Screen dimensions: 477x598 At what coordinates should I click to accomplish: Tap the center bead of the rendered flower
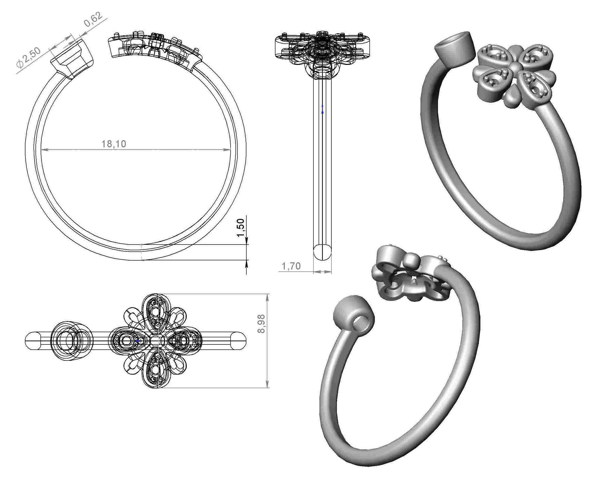pos(515,66)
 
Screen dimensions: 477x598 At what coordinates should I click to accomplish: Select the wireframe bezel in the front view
pos(73,58)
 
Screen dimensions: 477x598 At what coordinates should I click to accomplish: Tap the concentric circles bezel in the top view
pos(71,340)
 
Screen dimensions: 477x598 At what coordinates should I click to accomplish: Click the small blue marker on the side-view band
pos(322,112)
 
